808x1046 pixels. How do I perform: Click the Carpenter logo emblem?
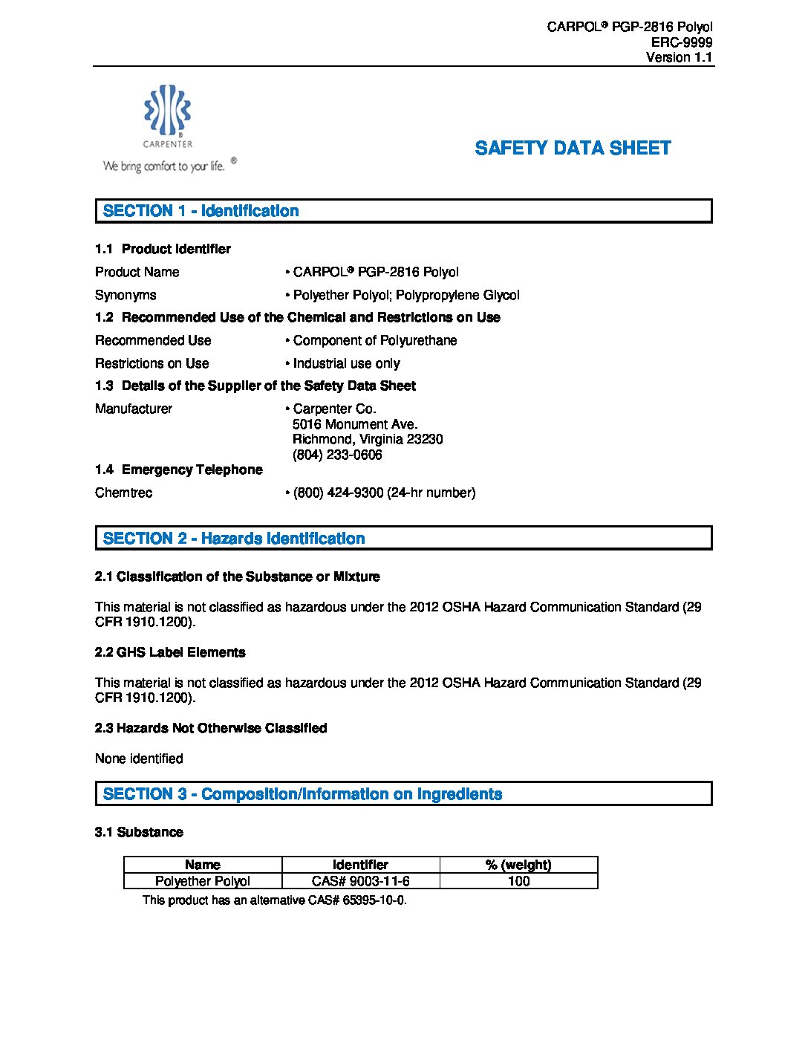168,110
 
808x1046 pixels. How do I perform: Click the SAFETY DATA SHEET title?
573,148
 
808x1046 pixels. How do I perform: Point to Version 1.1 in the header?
679,57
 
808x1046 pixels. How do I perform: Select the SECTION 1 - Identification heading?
201,211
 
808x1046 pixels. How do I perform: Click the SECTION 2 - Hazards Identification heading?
234,539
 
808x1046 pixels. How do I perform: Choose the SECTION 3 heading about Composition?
302,794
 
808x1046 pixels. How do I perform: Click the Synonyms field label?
126,295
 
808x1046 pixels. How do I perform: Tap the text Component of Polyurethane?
374,340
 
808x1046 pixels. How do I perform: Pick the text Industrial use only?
346,363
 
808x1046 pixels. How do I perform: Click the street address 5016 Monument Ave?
355,424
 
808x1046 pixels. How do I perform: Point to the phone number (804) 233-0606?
337,455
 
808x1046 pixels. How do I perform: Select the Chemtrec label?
123,493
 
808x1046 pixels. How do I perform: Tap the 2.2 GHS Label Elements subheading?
170,652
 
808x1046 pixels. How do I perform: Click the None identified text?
139,758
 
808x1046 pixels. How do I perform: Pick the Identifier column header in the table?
360,865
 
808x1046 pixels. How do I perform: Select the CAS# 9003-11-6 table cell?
360,881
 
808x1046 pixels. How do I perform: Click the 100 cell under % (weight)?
518,881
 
